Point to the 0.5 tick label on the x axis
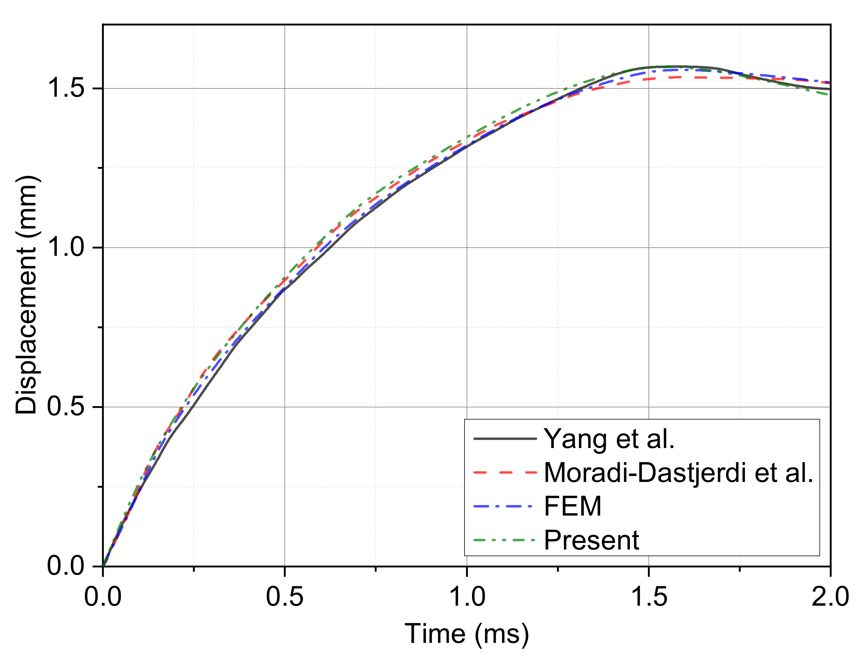(284, 596)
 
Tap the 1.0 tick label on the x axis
(467, 596)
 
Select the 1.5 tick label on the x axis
(649, 596)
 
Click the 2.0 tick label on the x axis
(830, 596)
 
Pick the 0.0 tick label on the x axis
(103, 596)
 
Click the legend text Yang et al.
(609, 439)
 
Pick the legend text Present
(591, 540)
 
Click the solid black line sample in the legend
(505, 439)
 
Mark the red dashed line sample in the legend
(505, 473)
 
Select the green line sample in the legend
(505, 540)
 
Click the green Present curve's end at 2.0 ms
(829, 94)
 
